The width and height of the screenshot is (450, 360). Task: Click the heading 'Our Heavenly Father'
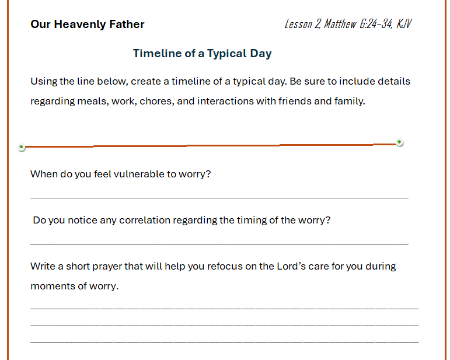tap(88, 25)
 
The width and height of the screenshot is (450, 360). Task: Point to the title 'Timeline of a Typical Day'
tap(202, 54)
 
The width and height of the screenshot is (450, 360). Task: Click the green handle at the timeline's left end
tap(22, 148)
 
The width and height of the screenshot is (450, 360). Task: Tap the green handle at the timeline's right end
tap(400, 142)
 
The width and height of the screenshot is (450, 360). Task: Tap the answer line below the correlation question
tap(219, 243)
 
